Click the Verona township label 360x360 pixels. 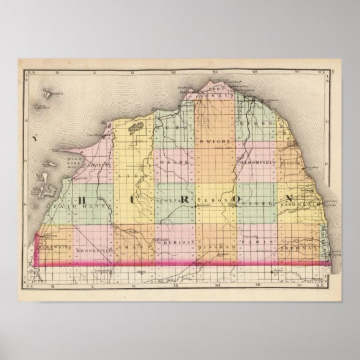click(215, 199)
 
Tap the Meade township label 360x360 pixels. click(175, 161)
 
